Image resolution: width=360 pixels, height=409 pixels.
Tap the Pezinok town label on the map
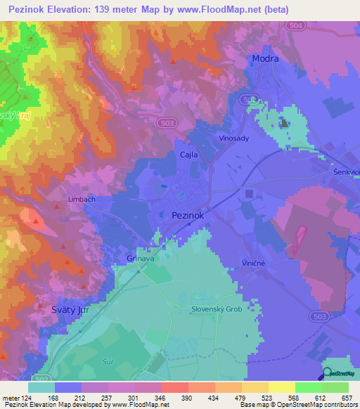pos(188,216)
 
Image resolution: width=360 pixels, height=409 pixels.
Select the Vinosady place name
pos(234,139)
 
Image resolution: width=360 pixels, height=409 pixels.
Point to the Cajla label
pos(188,155)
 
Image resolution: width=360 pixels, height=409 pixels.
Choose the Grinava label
pos(141,259)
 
